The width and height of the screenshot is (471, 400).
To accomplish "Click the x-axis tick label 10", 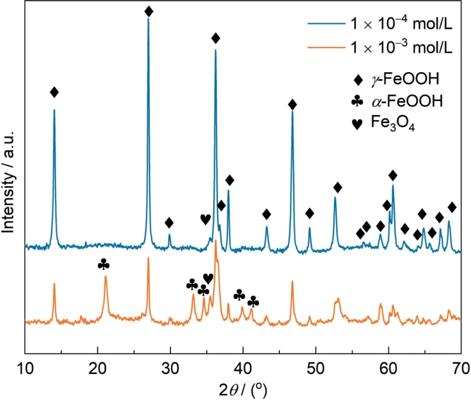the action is pos(25,369).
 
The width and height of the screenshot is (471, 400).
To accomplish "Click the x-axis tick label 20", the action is pos(98,369).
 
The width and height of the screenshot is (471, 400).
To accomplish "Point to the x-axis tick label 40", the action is pos(243,369).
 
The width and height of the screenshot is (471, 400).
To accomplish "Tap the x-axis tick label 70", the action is pos(461,369).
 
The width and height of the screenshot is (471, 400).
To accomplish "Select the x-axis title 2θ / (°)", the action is pos(243,391).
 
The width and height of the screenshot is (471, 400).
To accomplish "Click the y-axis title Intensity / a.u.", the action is pos(8,182).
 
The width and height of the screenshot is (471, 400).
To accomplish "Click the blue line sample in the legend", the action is pos(326,23).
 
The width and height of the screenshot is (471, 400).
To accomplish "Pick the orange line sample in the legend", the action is pos(326,48).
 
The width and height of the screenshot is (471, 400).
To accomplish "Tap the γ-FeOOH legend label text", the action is pos(405,79).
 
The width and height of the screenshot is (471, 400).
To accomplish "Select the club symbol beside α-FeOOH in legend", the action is pos(357,101).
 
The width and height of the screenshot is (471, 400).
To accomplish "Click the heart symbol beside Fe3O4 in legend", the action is pos(357,124).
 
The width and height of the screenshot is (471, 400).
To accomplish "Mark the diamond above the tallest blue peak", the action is pos(149,12).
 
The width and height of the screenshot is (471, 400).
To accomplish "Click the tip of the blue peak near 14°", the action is pos(54,110).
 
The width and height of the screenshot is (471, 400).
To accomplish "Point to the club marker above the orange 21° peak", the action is pos(104,265).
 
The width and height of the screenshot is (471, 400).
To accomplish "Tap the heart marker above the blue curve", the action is pos(206,219).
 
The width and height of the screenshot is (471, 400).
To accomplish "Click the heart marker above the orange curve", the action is pos(208,279).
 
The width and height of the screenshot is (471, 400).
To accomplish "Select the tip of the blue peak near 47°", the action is pos(292,111).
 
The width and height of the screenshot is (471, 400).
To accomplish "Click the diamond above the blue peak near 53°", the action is pos(337,187).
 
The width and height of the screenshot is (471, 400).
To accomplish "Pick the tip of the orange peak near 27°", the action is pos(148,257).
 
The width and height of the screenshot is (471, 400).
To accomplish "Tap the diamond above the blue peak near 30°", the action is pos(169,223).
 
